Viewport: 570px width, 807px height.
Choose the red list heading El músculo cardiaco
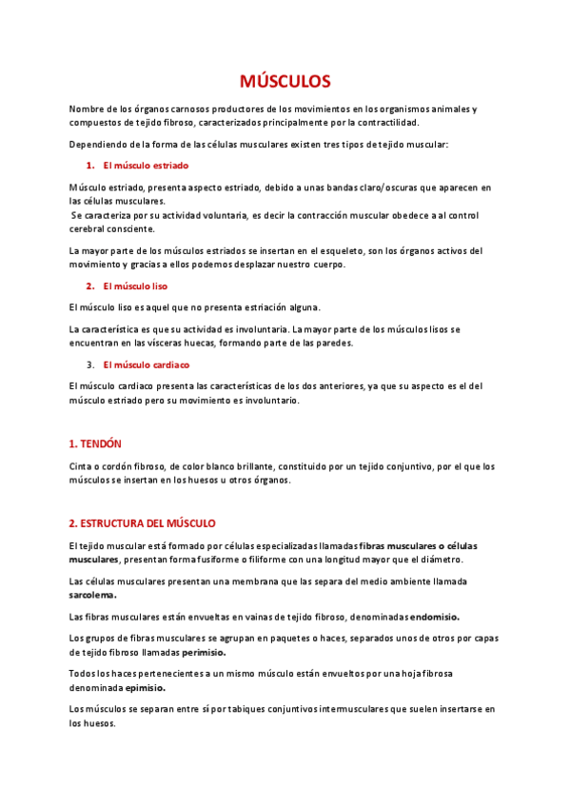point(146,364)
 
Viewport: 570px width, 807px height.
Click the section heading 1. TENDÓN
point(95,444)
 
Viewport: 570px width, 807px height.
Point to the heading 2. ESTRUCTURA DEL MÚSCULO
point(143,523)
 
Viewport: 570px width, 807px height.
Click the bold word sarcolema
point(92,595)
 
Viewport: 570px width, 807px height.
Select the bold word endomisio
point(434,617)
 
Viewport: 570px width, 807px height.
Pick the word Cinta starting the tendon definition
point(83,466)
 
